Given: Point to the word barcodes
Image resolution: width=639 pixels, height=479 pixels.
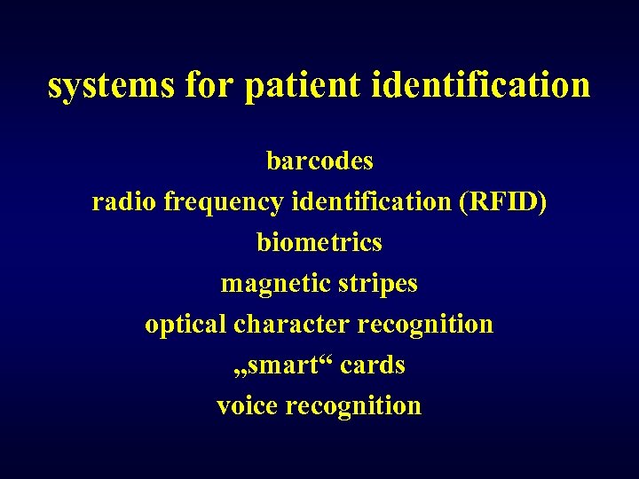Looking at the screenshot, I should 319,161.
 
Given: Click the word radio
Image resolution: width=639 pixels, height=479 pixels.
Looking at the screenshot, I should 124,202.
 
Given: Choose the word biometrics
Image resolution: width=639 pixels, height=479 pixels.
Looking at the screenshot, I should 319,242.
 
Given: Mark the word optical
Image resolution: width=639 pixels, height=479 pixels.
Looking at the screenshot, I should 185,325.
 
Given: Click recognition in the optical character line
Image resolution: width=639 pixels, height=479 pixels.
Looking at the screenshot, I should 425,325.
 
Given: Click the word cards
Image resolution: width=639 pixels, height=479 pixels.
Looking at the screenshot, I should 373,365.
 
